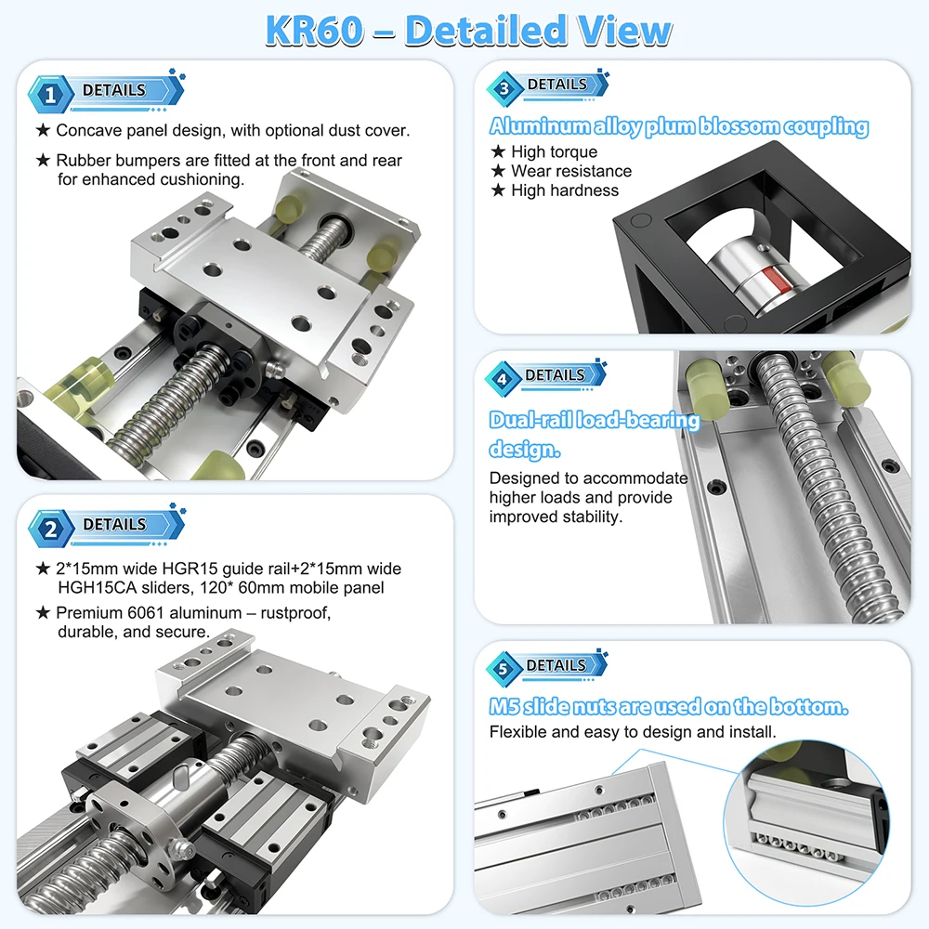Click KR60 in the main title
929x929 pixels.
314,31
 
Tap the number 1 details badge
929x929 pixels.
107,92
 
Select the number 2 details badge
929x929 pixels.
107,526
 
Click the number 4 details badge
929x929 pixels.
546,377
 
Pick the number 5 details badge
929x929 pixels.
547,667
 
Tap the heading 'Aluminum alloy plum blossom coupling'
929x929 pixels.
679,126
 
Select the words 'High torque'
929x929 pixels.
554,151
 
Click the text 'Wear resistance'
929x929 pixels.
571,171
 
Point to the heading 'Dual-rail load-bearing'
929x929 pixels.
595,420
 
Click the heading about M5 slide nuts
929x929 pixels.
669,706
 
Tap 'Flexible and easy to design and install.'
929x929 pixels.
632,732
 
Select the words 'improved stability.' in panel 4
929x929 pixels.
556,517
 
